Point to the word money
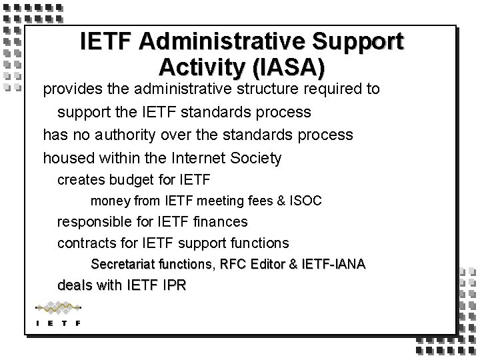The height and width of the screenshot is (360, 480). [x=109, y=201]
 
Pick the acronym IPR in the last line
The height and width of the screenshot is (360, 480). [x=173, y=285]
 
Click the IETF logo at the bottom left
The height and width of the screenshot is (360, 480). [x=57, y=313]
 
